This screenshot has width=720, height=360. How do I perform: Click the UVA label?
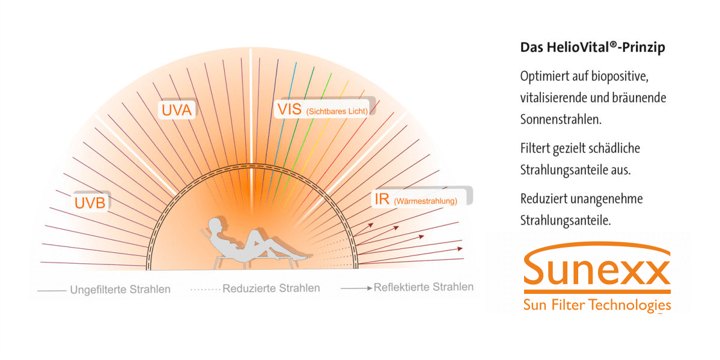(x=177, y=111)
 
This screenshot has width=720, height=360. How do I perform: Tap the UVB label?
(x=90, y=203)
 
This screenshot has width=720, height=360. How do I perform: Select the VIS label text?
(x=288, y=109)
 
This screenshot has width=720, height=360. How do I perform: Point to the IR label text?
(x=382, y=200)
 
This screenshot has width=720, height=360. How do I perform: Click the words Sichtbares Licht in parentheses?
(x=336, y=111)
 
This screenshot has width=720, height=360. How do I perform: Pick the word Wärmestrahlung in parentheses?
(x=425, y=201)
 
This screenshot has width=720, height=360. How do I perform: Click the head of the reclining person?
(x=215, y=225)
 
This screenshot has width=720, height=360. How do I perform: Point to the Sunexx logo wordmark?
(x=597, y=272)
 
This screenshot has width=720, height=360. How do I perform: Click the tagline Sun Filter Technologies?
(x=597, y=305)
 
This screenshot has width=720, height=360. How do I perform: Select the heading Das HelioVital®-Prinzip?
(x=593, y=47)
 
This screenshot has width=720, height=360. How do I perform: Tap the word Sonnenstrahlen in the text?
(x=561, y=120)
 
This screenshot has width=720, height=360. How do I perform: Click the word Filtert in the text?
(x=534, y=149)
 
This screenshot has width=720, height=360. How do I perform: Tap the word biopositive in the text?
(x=618, y=77)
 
